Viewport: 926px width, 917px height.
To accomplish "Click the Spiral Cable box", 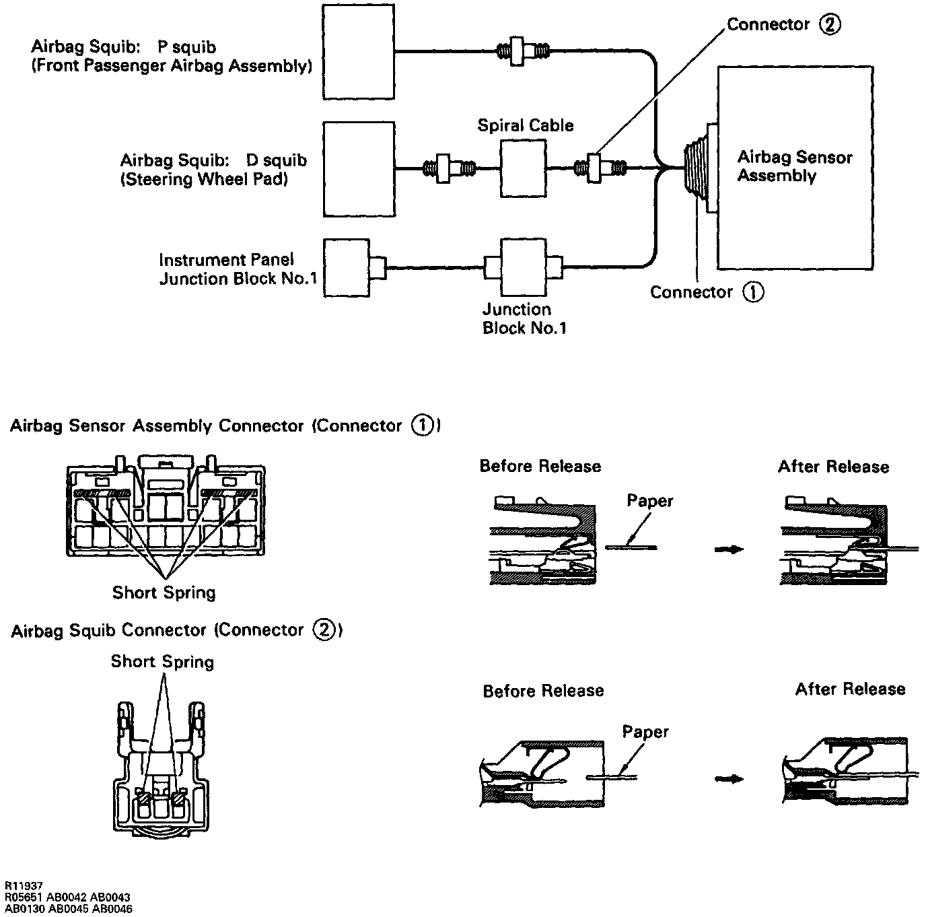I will click(x=524, y=168).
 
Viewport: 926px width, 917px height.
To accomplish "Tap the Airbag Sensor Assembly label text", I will click(x=794, y=166).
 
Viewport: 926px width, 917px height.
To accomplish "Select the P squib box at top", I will click(x=358, y=52).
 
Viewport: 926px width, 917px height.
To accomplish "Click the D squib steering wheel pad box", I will click(x=358, y=168).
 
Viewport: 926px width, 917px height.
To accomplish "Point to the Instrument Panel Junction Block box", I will click(x=347, y=267).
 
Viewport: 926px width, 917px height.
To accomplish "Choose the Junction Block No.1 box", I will click(x=523, y=267).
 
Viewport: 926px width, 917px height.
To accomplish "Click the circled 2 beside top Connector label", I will click(x=830, y=25).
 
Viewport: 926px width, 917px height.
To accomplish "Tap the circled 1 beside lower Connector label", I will click(x=753, y=292).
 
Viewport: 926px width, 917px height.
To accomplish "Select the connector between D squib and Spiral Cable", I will click(x=449, y=168).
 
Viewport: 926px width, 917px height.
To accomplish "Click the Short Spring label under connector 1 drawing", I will click(x=164, y=592).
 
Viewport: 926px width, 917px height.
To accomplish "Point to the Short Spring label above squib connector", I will click(x=162, y=662).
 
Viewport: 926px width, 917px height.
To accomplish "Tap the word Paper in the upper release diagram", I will click(x=649, y=501).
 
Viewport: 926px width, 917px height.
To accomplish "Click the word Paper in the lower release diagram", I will click(x=645, y=732).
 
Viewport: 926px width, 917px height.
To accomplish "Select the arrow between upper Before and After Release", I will click(x=729, y=549).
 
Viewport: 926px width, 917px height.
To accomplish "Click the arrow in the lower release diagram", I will click(x=729, y=779).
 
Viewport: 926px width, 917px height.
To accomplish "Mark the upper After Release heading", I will click(x=833, y=467).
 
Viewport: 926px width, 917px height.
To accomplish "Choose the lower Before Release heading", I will click(x=543, y=691).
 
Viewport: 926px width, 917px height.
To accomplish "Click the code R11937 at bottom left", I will click(x=24, y=887).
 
